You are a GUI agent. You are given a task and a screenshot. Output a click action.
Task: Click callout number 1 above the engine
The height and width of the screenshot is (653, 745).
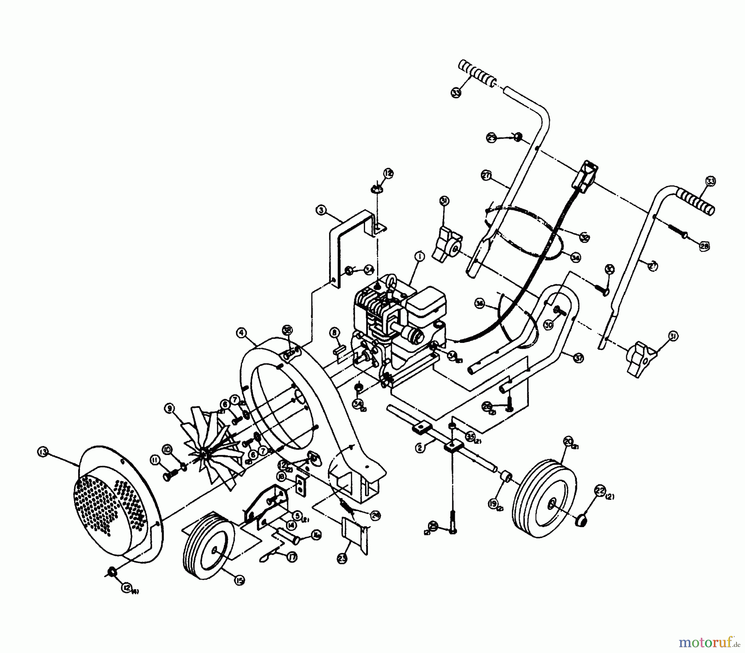tap(420, 257)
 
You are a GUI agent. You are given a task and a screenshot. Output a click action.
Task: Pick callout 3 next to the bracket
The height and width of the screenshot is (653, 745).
tap(321, 210)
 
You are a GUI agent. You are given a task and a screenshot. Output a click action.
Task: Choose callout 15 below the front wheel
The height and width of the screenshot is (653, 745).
tap(239, 581)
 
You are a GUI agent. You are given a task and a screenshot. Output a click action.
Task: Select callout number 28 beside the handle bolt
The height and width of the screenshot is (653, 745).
tap(704, 247)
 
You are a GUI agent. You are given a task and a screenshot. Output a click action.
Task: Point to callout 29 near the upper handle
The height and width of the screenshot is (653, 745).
tap(491, 139)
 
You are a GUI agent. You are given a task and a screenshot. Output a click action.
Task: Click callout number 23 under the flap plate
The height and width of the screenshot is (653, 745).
tap(342, 559)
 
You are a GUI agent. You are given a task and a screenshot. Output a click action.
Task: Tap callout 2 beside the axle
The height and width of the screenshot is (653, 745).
tap(420, 448)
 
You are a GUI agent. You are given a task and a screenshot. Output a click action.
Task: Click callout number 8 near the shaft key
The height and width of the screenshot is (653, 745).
tap(334, 332)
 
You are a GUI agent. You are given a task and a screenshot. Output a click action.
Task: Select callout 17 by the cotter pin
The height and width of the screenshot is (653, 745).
tap(292, 558)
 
